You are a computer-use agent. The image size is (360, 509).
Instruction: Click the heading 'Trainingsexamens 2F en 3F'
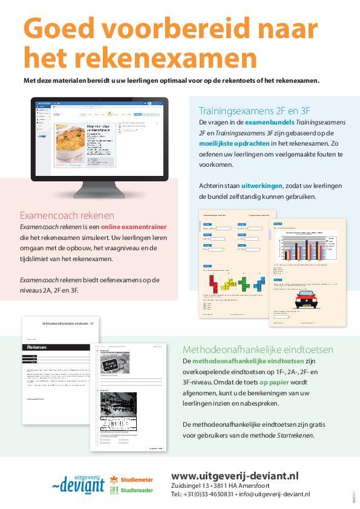(254, 111)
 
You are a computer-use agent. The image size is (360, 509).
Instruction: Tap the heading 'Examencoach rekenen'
(67, 215)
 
